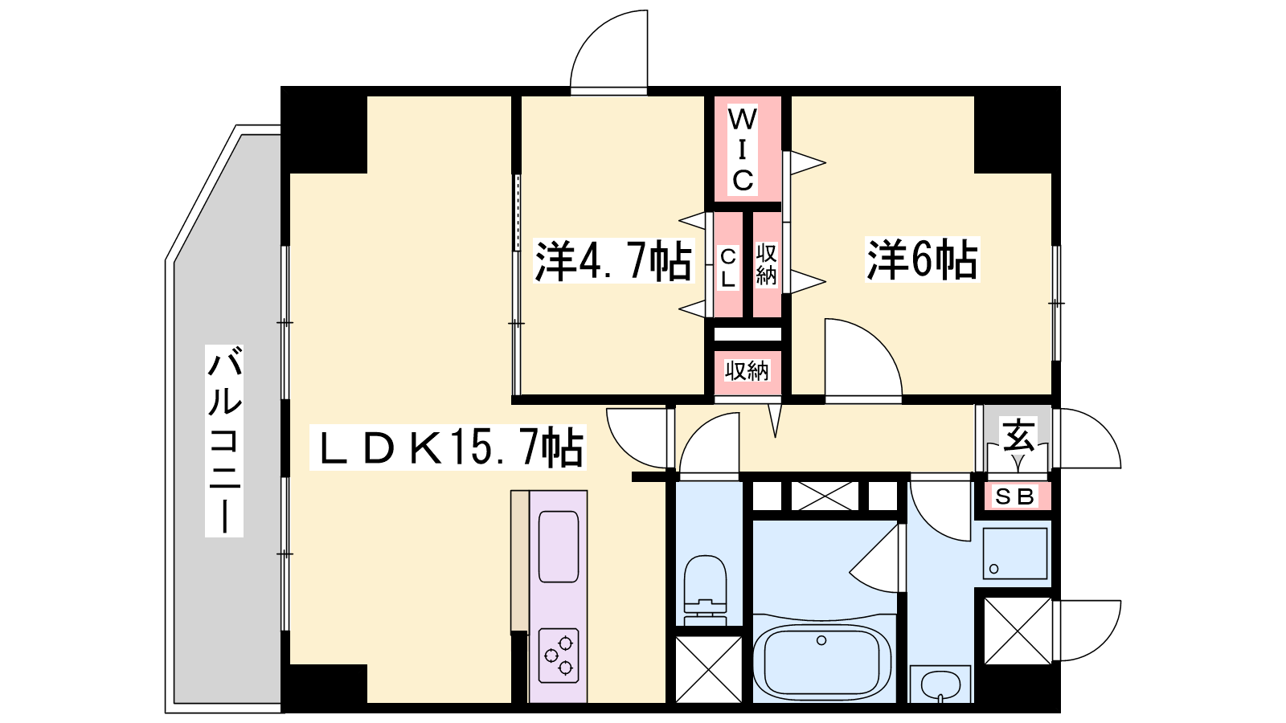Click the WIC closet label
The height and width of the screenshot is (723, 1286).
pos(743,149)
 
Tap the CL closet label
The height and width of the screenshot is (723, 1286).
pos(728,268)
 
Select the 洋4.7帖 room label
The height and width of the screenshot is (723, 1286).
pos(612,261)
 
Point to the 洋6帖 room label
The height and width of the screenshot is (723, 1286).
pos(922,260)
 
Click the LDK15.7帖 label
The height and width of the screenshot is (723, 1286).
pos(448,447)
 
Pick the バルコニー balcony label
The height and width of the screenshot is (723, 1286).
pos(224,441)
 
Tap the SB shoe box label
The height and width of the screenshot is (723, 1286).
pos(1014,496)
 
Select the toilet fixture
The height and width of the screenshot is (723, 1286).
pos(706,590)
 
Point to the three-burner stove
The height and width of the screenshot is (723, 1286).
pos(559,656)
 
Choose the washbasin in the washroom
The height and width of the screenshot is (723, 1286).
pos(940,684)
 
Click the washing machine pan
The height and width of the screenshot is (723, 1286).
pos(1015,553)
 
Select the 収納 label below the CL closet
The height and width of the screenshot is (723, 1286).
pos(747,371)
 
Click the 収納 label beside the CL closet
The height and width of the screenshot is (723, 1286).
pos(767,264)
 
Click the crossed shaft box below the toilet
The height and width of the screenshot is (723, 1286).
pos(709,669)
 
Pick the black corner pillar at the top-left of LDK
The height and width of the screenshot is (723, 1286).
pos(325,130)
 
